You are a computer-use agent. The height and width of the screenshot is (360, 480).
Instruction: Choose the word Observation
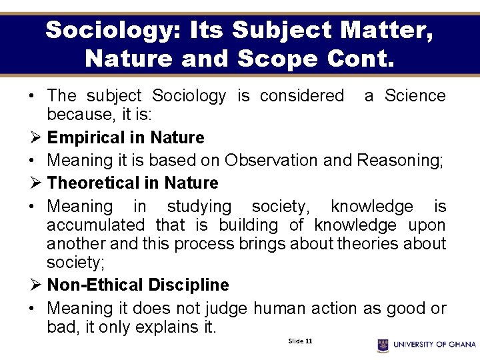coord(271,161)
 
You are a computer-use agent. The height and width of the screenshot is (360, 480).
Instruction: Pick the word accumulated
coord(95,225)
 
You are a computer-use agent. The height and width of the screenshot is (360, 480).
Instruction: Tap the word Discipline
coord(189,285)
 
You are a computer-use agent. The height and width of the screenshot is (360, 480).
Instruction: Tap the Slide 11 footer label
coord(300,341)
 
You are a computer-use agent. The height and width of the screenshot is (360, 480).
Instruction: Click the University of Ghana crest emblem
coord(383,345)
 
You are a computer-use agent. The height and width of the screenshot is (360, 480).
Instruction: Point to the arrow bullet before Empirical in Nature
coord(35,138)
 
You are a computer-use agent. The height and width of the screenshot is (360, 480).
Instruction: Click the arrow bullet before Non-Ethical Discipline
coord(35,285)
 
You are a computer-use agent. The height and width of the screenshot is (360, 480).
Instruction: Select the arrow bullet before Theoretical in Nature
coord(35,183)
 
